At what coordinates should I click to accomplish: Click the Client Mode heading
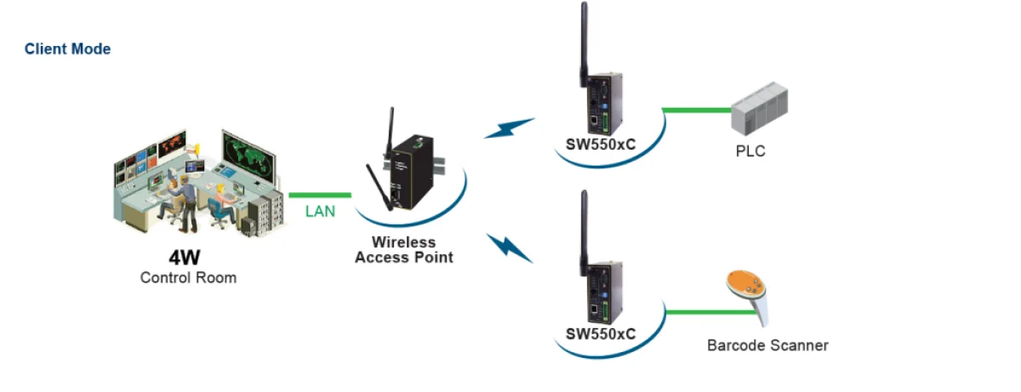(x=67, y=48)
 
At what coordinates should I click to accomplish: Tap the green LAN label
(x=320, y=211)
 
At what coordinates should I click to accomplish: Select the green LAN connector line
(x=320, y=196)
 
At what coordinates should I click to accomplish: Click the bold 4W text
(x=184, y=258)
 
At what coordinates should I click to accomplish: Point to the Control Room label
(x=188, y=278)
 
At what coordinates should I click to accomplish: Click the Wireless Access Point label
(x=404, y=249)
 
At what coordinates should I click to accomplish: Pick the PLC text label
(x=750, y=151)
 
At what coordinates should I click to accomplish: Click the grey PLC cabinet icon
(x=759, y=109)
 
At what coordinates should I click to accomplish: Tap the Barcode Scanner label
(x=767, y=345)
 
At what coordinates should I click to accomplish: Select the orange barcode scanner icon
(x=748, y=296)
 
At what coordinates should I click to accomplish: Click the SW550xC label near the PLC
(x=601, y=145)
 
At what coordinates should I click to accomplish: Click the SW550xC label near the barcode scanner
(x=601, y=334)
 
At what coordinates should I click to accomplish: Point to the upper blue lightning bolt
(x=509, y=128)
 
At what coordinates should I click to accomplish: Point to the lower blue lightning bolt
(x=510, y=248)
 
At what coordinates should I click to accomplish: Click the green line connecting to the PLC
(x=697, y=110)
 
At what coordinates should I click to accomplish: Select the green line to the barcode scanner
(x=710, y=312)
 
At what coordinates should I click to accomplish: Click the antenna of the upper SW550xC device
(x=584, y=44)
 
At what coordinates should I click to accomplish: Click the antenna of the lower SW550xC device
(x=584, y=233)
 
